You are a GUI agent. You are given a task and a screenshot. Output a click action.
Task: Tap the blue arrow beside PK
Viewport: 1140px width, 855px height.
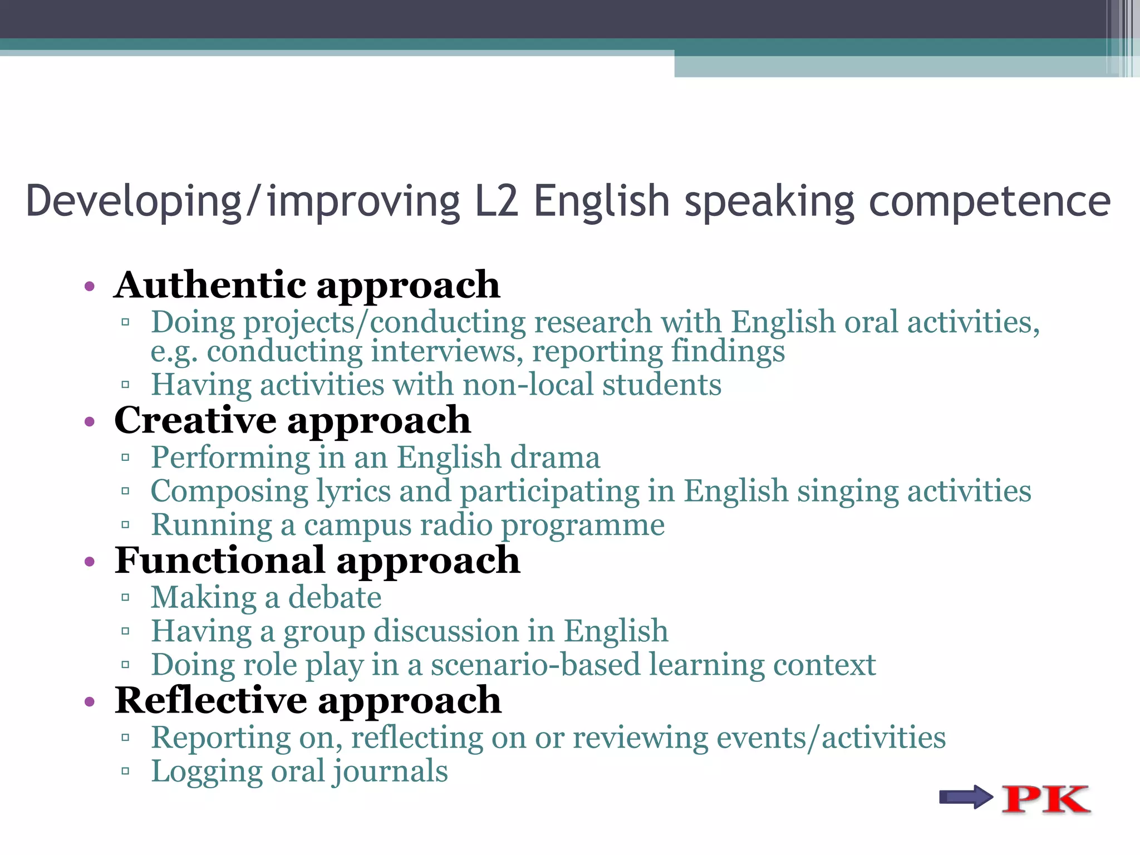pyautogui.click(x=965, y=797)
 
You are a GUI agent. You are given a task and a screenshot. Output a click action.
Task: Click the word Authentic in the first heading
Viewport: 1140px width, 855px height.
pyautogui.click(x=210, y=285)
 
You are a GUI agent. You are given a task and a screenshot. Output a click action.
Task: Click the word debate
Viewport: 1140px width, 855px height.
pyautogui.click(x=335, y=598)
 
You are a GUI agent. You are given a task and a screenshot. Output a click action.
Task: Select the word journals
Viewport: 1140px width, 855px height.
pyautogui.click(x=390, y=772)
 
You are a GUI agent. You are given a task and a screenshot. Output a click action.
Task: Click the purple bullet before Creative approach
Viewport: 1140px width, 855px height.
pyautogui.click(x=90, y=421)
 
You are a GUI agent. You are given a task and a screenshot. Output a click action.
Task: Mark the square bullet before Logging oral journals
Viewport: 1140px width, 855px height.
pyautogui.click(x=125, y=772)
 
